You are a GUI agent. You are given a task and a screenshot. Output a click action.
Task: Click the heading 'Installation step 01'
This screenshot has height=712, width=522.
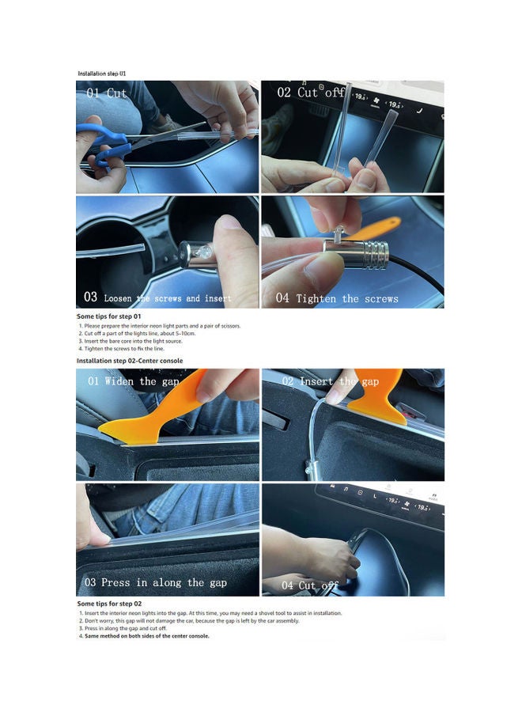tap(101, 73)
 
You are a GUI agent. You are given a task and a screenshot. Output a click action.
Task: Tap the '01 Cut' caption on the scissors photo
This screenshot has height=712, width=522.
tap(107, 93)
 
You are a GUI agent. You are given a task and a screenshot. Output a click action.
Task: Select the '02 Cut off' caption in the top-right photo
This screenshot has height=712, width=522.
tap(311, 93)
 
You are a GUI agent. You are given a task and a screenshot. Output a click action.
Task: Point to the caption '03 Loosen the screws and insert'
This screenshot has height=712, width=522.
tap(157, 297)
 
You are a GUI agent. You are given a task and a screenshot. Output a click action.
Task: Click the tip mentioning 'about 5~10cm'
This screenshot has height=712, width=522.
tap(137, 333)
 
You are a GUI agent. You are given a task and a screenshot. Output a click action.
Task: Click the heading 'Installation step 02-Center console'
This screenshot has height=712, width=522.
tap(130, 361)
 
